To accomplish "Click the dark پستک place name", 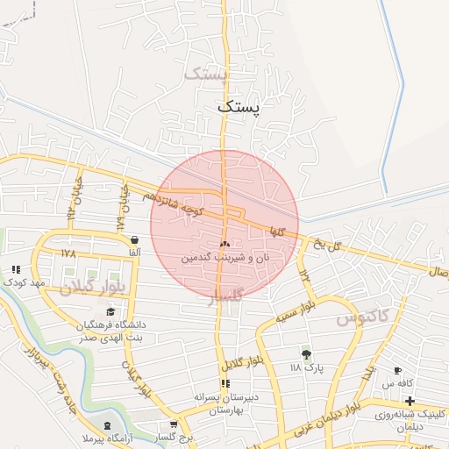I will [x=239, y=107].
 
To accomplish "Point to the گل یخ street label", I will [x=326, y=245].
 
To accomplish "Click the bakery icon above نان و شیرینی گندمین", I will [x=224, y=245].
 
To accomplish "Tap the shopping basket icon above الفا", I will [x=134, y=239].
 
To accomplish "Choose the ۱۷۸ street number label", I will [x=69, y=253].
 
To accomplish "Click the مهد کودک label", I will [x=24, y=282].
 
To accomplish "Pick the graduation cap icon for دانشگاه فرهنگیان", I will [x=110, y=311].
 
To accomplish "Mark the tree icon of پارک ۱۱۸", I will [x=306, y=354].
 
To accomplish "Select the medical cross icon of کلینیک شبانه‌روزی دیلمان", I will [x=410, y=401].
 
